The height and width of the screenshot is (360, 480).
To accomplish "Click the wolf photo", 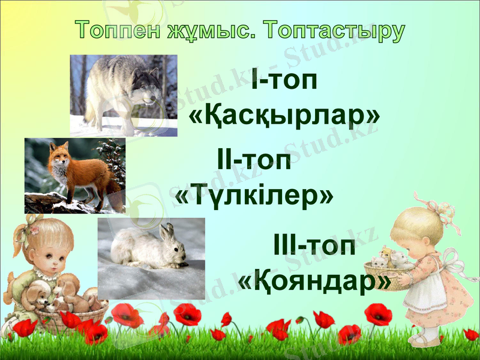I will pos(124,95).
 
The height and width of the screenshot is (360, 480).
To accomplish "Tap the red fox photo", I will pos(74,175).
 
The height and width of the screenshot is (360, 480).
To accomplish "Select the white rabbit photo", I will pos(151,258).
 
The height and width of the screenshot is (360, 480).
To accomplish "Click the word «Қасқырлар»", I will pos(284,115).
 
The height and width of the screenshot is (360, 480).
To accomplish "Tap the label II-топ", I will pos(254,161).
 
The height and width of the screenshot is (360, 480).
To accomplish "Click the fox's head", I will pos(58,154).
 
